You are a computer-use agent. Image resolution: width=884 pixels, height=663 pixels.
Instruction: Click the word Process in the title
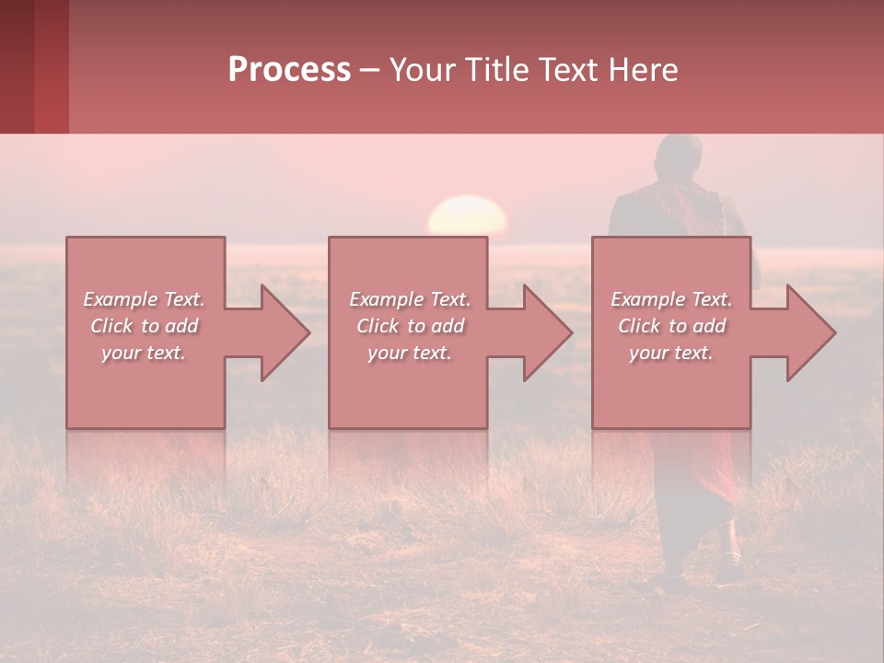click(289, 70)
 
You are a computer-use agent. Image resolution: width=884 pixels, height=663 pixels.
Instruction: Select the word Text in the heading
click(568, 70)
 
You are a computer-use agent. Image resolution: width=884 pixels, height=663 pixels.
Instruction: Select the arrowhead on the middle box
click(546, 332)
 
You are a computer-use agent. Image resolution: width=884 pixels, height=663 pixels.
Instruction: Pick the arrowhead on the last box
click(809, 332)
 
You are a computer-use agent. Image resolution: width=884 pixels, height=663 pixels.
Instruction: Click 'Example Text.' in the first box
click(144, 299)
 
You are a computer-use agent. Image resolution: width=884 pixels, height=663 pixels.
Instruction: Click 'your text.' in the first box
click(144, 353)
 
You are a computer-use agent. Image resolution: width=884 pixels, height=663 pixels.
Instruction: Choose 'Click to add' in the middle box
click(410, 326)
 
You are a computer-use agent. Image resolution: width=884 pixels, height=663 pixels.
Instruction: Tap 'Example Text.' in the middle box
click(410, 299)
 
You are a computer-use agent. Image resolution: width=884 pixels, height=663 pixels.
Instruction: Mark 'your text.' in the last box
click(671, 353)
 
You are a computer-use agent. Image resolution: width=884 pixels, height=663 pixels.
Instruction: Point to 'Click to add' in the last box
click(671, 326)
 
